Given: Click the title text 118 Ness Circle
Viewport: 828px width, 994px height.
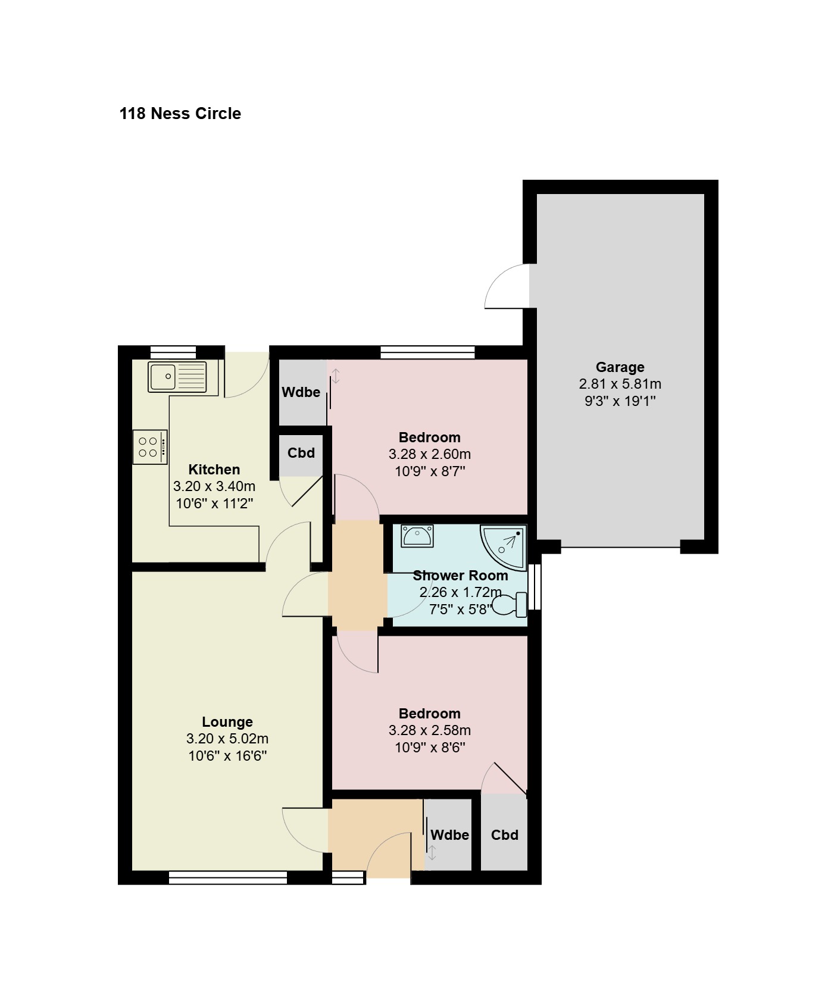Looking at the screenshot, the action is point(180,114).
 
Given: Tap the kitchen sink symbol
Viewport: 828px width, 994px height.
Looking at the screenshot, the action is point(177,377).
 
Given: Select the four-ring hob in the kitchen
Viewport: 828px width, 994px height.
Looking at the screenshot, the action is point(150,447).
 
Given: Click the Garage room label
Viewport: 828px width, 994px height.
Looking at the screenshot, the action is point(620,367).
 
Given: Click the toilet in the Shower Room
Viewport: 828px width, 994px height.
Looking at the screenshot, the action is point(511,605).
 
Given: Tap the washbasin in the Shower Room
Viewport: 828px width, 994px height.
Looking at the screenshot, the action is point(417,536).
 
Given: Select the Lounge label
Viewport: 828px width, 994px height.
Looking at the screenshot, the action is point(227,722).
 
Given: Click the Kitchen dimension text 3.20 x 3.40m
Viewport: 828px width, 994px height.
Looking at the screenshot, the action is point(214,486).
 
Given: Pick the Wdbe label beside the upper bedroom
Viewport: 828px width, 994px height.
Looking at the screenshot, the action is point(301,392).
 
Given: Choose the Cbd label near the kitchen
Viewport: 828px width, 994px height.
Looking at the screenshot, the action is point(301,453).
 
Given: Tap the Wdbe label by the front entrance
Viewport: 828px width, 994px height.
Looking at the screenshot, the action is point(449,835).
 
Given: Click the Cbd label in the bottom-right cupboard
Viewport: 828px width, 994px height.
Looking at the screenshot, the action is point(505,835).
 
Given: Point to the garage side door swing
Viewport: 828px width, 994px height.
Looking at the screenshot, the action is point(507,286).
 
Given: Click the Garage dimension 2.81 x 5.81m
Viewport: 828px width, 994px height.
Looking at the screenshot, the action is point(620,384).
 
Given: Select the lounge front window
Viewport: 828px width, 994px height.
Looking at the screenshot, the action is point(228,878).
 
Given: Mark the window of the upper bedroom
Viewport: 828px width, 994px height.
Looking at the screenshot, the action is point(427,352).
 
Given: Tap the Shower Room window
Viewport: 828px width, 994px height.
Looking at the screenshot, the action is point(535,586).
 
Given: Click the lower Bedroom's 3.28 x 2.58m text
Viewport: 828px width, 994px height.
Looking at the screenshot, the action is point(430,730).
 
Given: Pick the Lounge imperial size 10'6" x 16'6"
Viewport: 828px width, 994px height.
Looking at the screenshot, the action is point(227,757).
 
